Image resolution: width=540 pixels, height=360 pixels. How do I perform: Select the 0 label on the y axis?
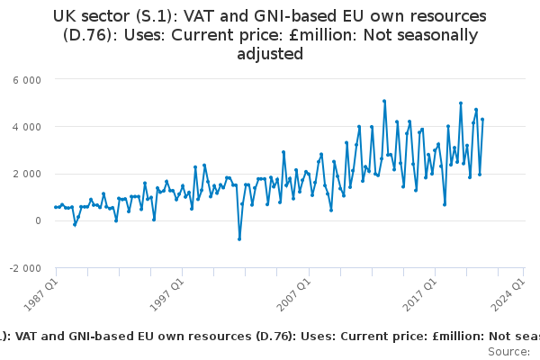37,220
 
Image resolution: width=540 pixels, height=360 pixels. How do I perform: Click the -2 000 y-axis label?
26,268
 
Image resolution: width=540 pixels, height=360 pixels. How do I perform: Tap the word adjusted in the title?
269,54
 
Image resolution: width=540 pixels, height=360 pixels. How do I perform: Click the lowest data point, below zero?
239,238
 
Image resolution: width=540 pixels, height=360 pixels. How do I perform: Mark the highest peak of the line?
384,101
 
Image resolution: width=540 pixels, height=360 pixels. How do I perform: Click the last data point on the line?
482,120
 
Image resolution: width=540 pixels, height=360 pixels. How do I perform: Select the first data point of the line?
55,207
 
